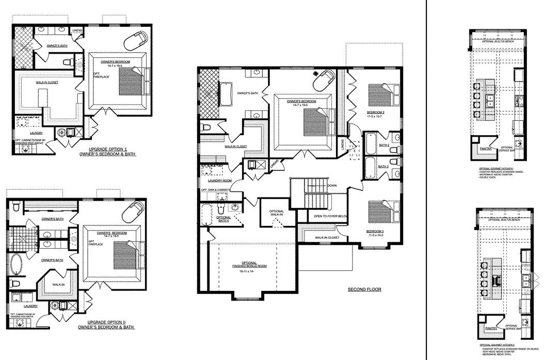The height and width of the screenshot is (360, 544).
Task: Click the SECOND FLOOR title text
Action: [x=364, y=289]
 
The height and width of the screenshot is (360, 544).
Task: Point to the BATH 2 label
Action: [x=383, y=145]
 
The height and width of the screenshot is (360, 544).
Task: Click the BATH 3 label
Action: [x=383, y=167]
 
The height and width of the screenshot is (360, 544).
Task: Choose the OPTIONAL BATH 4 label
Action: [x=223, y=219]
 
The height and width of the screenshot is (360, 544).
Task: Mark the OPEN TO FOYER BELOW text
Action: [x=330, y=217]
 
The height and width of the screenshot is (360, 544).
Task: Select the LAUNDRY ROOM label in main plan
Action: [x=219, y=181]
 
